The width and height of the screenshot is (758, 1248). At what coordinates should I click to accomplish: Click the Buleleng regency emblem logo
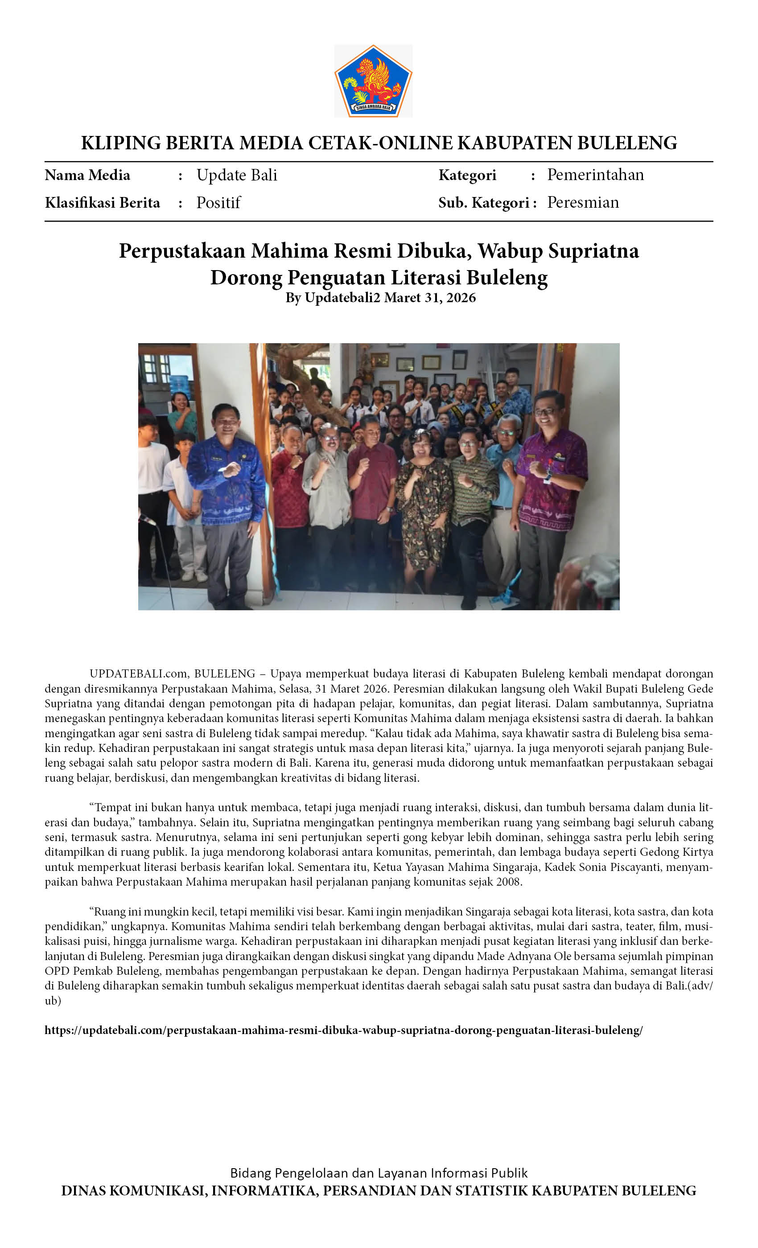(373, 81)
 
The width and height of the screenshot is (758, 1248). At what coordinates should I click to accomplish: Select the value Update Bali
(237, 175)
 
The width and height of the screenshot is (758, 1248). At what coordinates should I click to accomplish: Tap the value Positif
(218, 203)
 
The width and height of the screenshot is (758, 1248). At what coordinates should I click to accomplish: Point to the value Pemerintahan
(595, 175)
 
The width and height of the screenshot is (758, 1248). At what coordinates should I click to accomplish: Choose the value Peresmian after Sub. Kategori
(583, 203)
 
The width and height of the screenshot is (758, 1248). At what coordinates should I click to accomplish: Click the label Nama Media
(87, 175)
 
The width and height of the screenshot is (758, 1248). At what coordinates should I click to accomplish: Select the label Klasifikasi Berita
(103, 203)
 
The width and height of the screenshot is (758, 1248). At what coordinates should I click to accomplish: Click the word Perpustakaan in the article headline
(182, 251)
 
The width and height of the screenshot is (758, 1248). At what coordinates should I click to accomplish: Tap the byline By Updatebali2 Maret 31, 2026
(380, 297)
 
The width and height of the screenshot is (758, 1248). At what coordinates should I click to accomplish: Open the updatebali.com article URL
(343, 1030)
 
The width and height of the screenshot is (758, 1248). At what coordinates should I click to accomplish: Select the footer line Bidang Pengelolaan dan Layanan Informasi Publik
(379, 1173)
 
